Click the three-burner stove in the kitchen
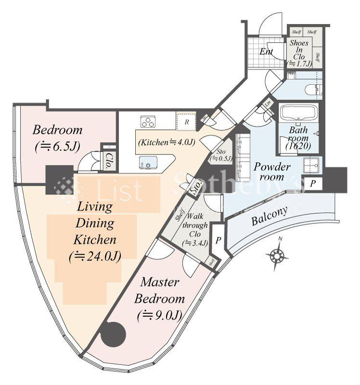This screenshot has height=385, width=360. tap(148, 121)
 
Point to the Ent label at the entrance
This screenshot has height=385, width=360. tap(267, 51)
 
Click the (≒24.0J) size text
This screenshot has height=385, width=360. tap(95, 256)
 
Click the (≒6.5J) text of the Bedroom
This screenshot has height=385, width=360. tap(58, 147)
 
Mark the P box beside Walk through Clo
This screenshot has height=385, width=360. tap(218, 241)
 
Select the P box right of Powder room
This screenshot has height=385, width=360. tap(313, 183)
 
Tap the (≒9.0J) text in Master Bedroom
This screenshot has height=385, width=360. tap(159, 315)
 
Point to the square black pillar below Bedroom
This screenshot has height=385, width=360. tap(59, 180)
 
